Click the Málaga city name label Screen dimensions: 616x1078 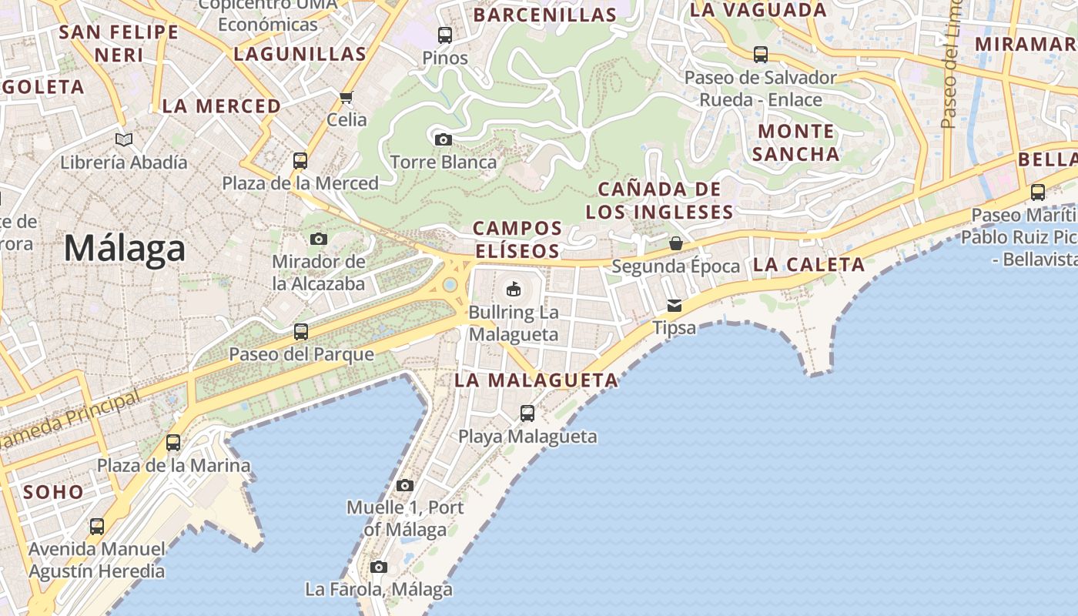pos(125,249)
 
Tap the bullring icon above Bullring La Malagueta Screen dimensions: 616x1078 pos(513,290)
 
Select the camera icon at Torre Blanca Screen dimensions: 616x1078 pos(443,139)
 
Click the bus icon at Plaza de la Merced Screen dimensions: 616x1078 pos(300,161)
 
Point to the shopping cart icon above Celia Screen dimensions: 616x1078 pos(346,97)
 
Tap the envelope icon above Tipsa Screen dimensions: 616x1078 pos(675,306)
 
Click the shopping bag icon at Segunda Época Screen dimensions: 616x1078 pos(675,243)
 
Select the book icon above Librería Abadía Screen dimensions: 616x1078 pos(124,139)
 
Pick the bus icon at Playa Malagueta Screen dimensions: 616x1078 pos(527,413)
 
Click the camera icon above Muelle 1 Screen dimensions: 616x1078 pos(405,485)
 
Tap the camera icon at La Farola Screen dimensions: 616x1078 pos(378,567)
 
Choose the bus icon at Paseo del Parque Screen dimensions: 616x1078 pos(301,332)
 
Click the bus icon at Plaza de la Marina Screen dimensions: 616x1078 pos(173,443)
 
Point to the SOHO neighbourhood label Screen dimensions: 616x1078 pos(53,492)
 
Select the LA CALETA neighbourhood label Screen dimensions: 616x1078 pos(808,265)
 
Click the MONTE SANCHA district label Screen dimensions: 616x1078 pos(795,142)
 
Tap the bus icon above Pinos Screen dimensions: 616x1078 pos(445,35)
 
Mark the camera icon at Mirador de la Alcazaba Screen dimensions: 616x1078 pos(318,239)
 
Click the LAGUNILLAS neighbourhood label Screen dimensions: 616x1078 pos(300,54)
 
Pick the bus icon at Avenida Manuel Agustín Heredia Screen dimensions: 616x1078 pos(97,527)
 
